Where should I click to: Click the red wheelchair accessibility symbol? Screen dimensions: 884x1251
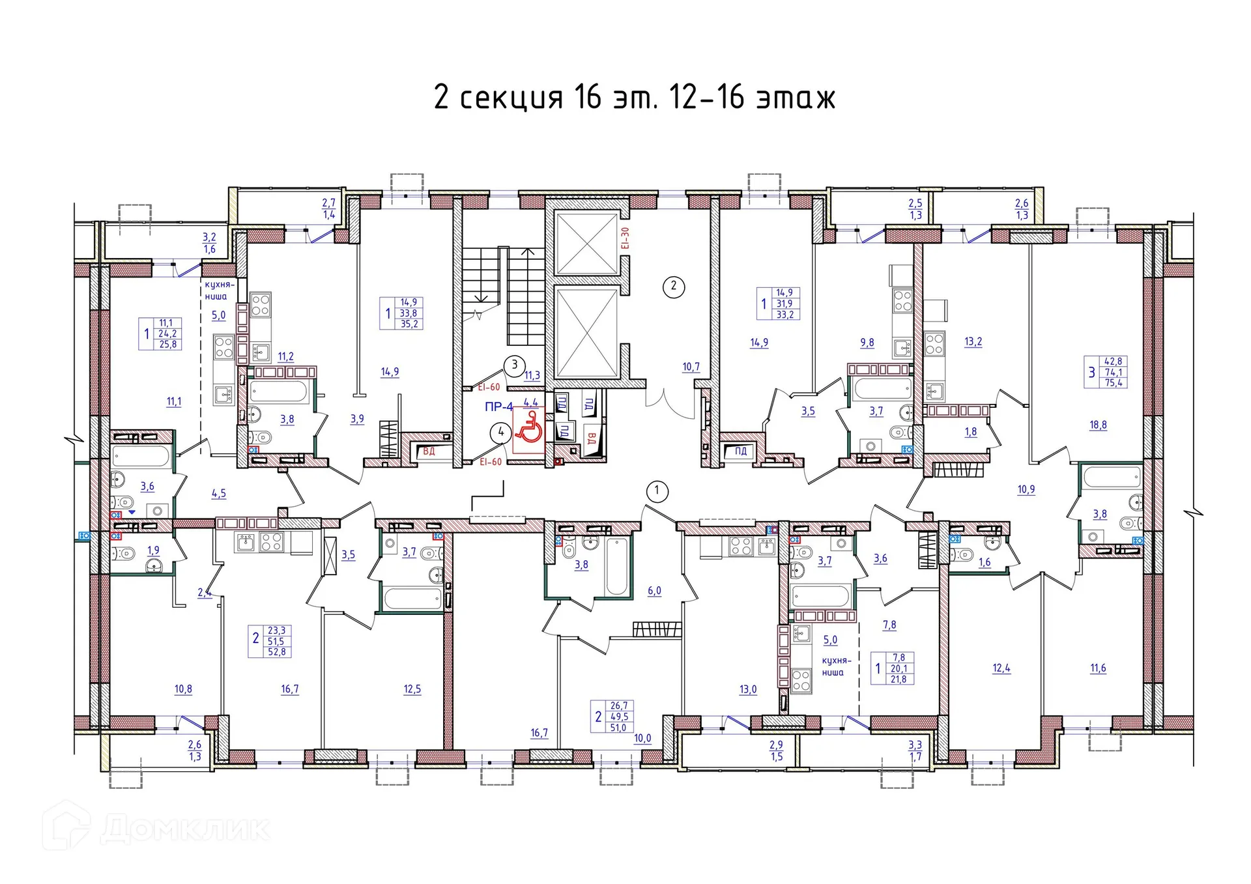click(528, 427)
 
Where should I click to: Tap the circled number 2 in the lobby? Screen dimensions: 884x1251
click(673, 286)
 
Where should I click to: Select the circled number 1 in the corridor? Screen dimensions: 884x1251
click(656, 491)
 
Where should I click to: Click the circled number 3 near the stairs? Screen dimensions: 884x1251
click(514, 365)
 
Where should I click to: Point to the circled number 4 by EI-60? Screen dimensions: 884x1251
click(500, 432)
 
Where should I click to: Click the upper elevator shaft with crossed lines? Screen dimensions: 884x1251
click(586, 243)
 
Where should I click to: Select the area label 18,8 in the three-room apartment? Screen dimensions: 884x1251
click(1098, 425)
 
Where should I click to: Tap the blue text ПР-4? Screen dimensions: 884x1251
click(498, 407)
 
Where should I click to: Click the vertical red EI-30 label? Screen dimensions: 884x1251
click(625, 238)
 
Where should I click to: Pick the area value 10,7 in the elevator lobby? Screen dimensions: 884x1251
click(691, 367)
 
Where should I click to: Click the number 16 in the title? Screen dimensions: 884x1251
click(588, 98)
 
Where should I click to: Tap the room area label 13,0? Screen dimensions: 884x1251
click(748, 689)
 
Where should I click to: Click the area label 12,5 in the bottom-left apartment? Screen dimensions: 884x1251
click(412, 689)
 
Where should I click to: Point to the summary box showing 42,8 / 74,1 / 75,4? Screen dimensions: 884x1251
click(1106, 372)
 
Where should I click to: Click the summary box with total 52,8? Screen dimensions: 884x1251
click(270, 641)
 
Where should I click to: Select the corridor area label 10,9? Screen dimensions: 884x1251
click(1026, 489)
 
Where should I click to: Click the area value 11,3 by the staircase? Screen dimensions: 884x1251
click(532, 375)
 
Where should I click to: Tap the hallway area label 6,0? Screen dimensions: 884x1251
click(654, 591)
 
